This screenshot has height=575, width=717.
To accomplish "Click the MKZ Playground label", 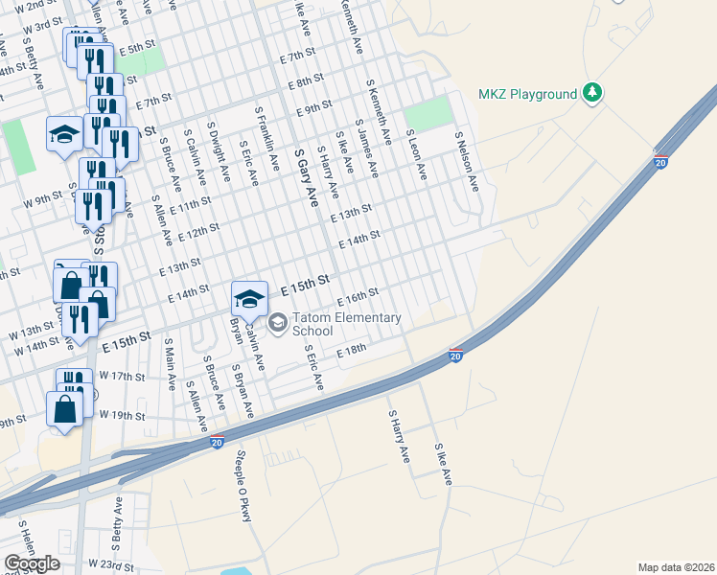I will pos(528,94).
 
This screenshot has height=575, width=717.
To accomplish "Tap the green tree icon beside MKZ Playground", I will pos(594,93).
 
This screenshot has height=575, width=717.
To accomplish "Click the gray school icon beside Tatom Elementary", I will pos(279,322).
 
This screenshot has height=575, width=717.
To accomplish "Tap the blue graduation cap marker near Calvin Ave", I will pos(249,298).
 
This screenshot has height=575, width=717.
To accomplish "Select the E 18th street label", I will pos(351,352).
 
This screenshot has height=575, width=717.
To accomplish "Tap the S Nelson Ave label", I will pos(466,161).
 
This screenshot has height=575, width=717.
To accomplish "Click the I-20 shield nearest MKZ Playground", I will pos(661,159).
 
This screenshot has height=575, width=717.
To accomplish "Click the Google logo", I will pos(32,563).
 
